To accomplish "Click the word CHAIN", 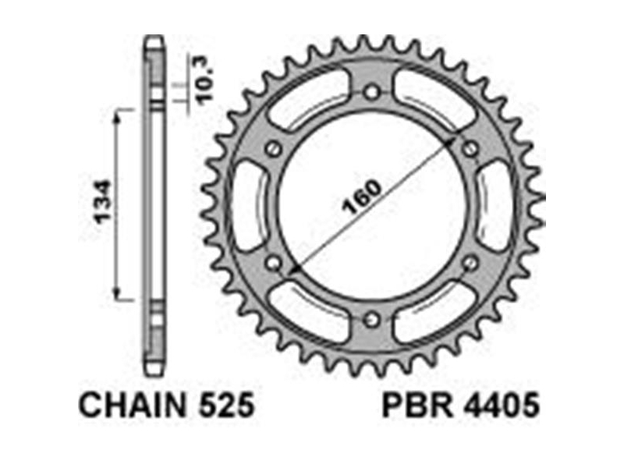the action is click(x=133, y=405).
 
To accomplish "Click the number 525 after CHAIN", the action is click(x=225, y=405).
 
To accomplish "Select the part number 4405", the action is click(x=501, y=405).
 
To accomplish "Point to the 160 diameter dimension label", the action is click(x=363, y=197).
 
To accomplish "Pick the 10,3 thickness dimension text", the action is click(x=206, y=81).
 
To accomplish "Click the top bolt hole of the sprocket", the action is click(x=372, y=93).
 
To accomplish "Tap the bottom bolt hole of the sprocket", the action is click(x=372, y=319).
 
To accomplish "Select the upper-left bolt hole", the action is click(x=274, y=149).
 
